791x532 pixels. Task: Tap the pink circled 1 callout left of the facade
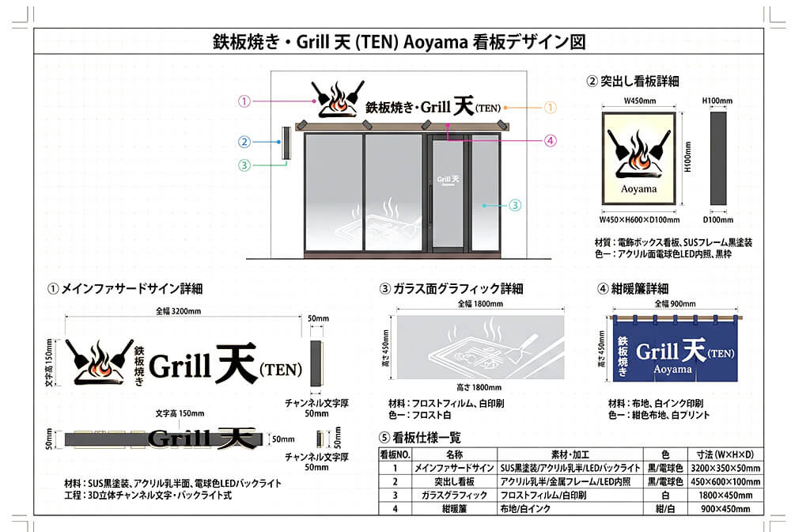pyautogui.click(x=244, y=101)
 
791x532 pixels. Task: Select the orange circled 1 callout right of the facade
pyautogui.click(x=551, y=106)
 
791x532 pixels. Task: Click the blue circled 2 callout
pyautogui.click(x=244, y=142)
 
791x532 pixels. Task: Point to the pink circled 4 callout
pyautogui.click(x=551, y=141)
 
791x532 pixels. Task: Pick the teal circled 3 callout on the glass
pyautogui.click(x=515, y=205)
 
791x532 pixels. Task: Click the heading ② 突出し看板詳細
pyautogui.click(x=632, y=81)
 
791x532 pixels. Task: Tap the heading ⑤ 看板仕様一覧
pyautogui.click(x=420, y=437)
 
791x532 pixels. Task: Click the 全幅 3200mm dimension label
pyautogui.click(x=182, y=312)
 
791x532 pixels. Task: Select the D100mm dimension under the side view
pyautogui.click(x=717, y=219)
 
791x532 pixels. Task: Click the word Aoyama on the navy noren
pyautogui.click(x=672, y=370)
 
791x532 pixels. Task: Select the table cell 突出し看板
pyautogui.click(x=453, y=481)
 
